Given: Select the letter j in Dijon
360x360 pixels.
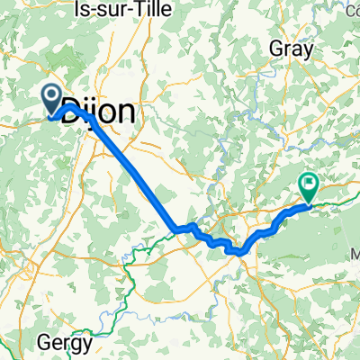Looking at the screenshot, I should (102, 113).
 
